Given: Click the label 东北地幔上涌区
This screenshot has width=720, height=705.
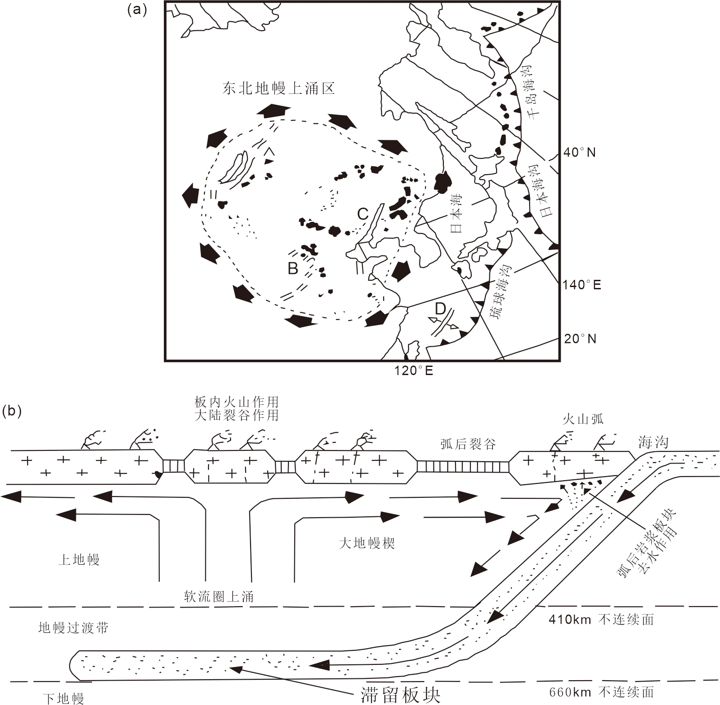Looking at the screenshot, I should tap(279, 88).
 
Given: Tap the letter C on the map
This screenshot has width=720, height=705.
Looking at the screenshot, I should tap(363, 214).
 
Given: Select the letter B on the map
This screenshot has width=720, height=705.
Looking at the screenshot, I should tap(293, 269).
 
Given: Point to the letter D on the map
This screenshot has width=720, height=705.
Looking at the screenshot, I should tap(440, 309).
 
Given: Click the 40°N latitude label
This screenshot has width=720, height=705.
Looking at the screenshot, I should tap(579, 153).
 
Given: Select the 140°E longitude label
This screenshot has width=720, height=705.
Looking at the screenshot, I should tap(581, 285).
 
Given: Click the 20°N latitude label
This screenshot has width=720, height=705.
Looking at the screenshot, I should tap(580, 339).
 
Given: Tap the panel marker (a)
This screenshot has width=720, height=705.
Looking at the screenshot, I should tap(137, 10).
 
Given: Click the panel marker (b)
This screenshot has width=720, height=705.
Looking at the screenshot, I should tap(12, 412).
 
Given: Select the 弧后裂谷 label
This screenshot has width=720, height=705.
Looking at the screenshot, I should tap(468, 445).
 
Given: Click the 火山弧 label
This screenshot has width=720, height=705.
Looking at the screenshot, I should tap(583, 419).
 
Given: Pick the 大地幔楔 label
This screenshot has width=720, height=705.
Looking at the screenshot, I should tap(367, 543).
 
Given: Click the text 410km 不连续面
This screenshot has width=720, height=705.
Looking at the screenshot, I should tap(601, 620).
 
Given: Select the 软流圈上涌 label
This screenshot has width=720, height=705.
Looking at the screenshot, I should tap(218, 597).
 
